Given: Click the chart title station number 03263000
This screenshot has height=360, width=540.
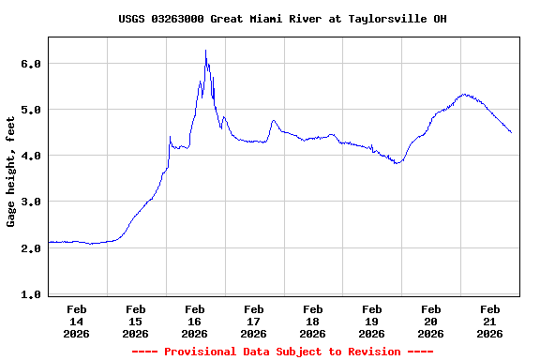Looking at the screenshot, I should coord(178,19).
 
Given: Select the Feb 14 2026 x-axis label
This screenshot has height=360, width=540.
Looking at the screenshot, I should coord(77,321).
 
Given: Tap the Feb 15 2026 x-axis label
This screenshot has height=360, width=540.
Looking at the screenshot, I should coord(136,321).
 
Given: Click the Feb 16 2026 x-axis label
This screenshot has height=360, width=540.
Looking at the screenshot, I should coord(195,321).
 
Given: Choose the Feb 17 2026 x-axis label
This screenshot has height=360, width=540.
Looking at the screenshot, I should coord(254,321).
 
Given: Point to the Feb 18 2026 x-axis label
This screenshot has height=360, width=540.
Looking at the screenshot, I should coord(313,321).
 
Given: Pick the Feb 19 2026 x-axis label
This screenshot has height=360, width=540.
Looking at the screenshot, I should coord(372,321).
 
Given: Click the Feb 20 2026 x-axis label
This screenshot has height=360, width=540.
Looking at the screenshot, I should coord(431,321).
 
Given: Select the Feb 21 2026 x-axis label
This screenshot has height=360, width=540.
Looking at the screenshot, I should coord(490,321).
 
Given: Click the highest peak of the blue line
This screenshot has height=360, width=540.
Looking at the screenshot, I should coord(205,51).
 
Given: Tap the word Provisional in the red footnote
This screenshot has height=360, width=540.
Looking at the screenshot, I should coord(199,352).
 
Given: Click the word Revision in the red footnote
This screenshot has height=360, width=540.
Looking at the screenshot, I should coord(373,352).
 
